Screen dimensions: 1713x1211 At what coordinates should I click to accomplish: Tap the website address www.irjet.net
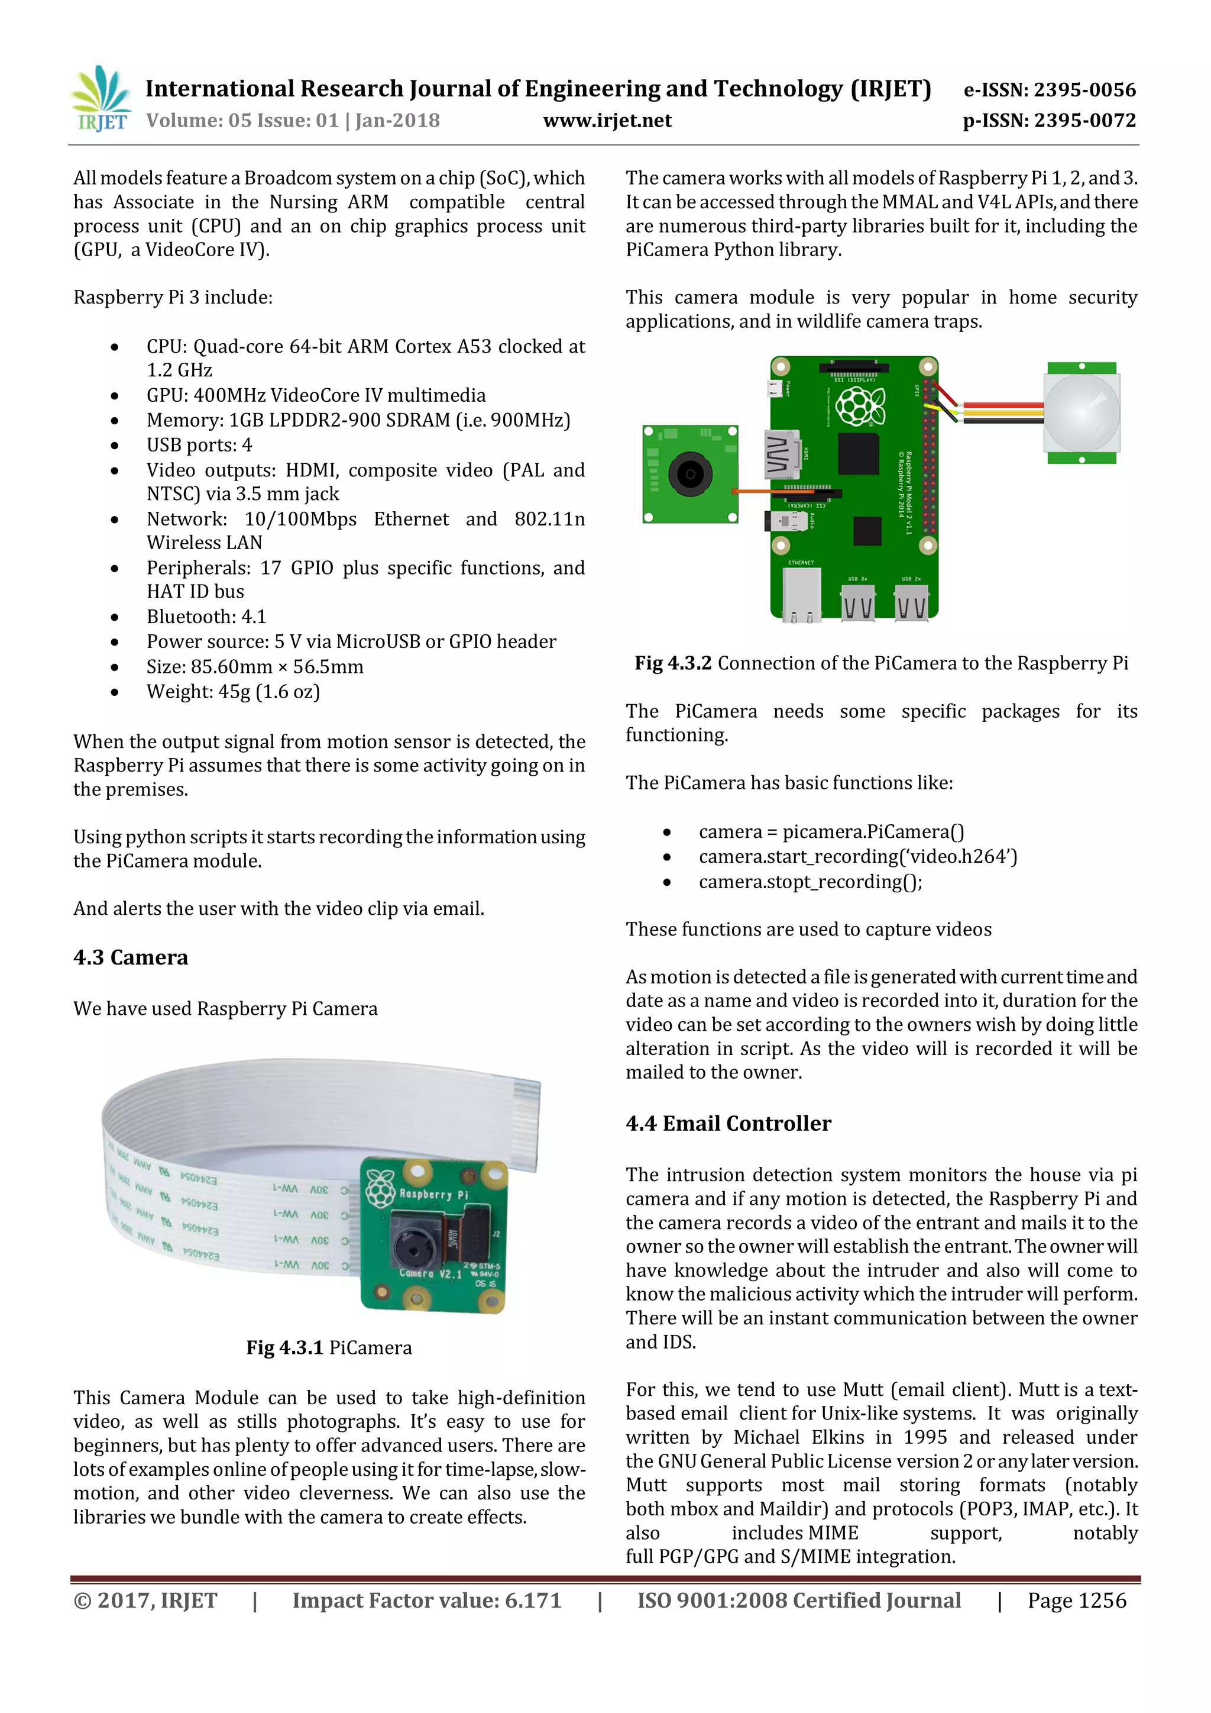pyautogui.click(x=607, y=121)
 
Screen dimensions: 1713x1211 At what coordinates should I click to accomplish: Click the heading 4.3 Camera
pyautogui.click(x=131, y=957)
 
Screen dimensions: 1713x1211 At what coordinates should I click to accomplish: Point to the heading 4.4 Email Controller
pyautogui.click(x=728, y=1123)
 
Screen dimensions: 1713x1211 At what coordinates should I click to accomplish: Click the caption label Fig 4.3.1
pyautogui.click(x=284, y=1347)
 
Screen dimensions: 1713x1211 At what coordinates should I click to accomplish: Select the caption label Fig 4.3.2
pyautogui.click(x=672, y=663)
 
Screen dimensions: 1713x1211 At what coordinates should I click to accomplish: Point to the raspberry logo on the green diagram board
pyautogui.click(x=860, y=407)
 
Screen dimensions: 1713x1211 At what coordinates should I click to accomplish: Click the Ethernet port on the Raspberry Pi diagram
pyautogui.click(x=802, y=595)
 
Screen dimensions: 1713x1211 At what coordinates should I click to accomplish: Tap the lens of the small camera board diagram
pyautogui.click(x=690, y=475)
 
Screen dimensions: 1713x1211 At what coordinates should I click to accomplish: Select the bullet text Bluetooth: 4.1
pyautogui.click(x=206, y=617)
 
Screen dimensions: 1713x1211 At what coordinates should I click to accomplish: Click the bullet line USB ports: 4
pyautogui.click(x=199, y=446)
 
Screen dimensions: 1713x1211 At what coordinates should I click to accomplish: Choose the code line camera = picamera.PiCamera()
pyautogui.click(x=831, y=832)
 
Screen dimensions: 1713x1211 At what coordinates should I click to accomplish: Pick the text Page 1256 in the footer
pyautogui.click(x=1077, y=1601)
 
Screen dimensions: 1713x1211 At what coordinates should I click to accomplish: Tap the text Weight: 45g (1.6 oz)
pyautogui.click(x=232, y=692)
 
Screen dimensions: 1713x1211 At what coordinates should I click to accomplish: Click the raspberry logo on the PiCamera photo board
pyautogui.click(x=380, y=1189)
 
